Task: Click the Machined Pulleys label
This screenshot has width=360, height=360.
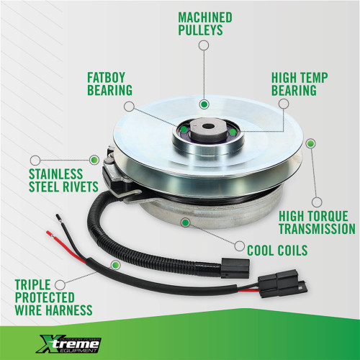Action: click(205, 24)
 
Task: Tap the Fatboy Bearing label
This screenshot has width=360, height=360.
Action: click(109, 84)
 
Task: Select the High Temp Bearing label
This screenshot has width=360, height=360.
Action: click(300, 84)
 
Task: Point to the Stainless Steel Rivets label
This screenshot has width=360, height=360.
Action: click(63, 181)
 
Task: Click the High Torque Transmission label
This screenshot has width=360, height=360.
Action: click(317, 222)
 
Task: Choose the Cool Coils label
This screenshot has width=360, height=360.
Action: click(277, 251)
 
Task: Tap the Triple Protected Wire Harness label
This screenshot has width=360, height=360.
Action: click(53, 297)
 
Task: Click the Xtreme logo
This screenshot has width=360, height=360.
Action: click(68, 344)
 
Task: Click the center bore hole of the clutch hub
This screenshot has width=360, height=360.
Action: click(207, 126)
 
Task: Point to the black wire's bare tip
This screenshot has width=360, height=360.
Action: click(58, 217)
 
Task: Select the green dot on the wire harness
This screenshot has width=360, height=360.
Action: click(115, 265)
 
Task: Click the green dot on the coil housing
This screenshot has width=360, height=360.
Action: click(185, 222)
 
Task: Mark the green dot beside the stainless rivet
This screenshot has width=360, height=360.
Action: click(94, 160)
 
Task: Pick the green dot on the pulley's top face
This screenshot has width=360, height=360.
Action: click(204, 104)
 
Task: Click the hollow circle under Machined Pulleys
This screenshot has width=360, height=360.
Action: click(204, 45)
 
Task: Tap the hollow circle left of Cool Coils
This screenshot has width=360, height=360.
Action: click(239, 246)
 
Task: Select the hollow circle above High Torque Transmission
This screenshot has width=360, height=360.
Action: click(317, 202)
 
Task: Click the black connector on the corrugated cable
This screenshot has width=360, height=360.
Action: click(235, 268)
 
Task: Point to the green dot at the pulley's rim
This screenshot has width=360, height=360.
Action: click(311, 143)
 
